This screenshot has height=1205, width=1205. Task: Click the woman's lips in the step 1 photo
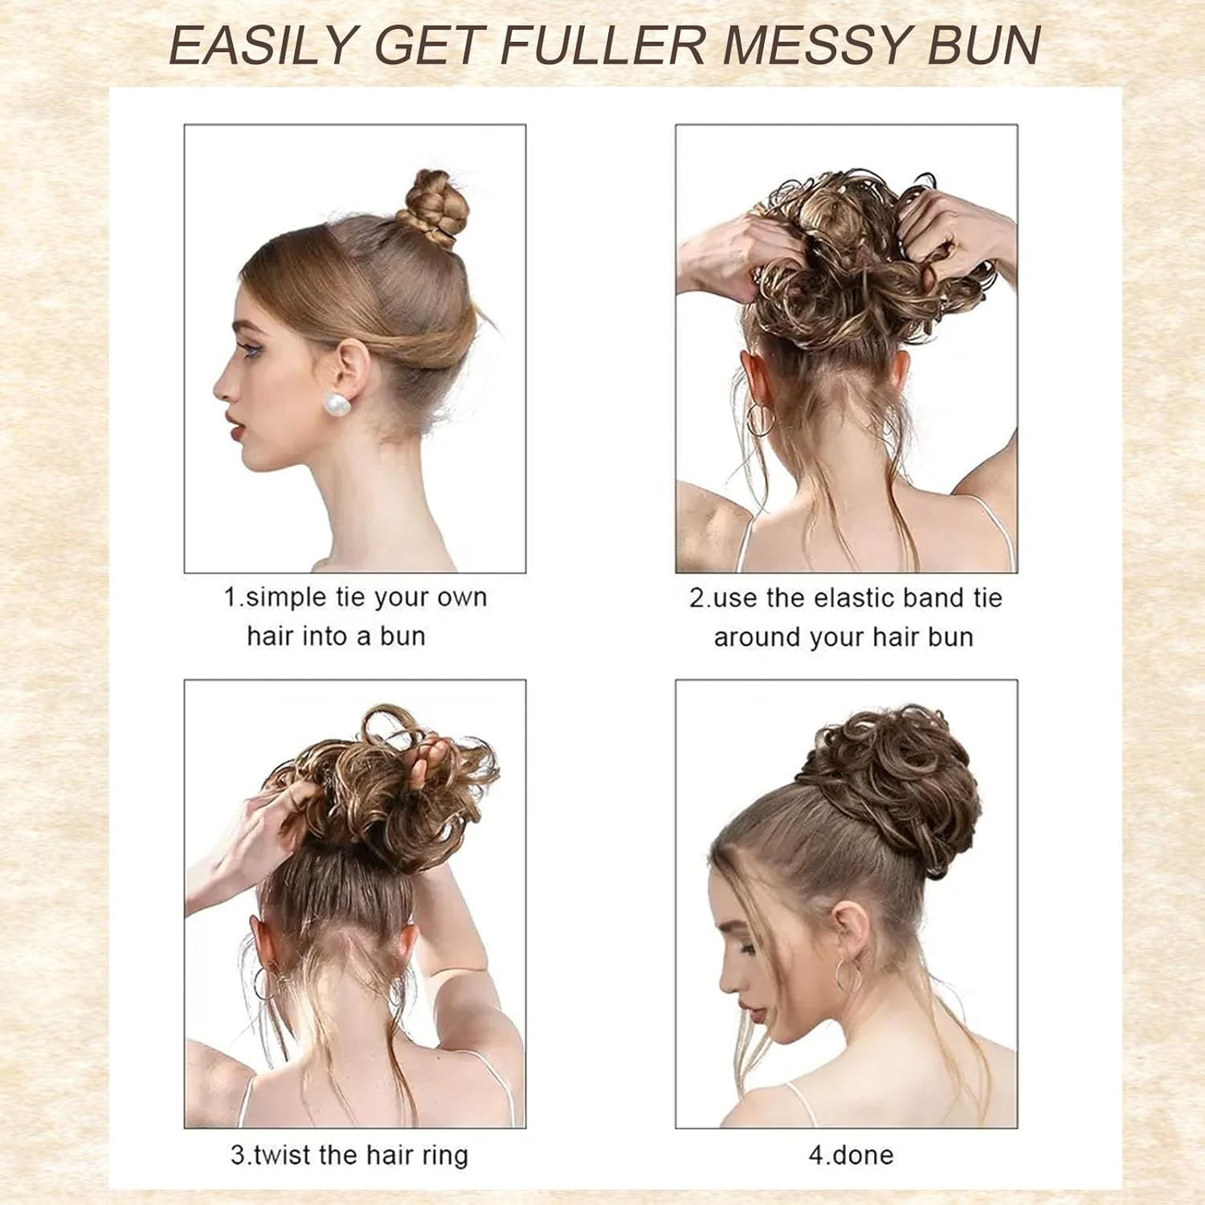tap(234, 427)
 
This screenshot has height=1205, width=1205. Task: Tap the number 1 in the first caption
tap(229, 598)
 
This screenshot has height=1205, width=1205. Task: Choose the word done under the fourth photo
tap(863, 1155)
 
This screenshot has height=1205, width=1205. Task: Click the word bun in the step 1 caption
tap(402, 636)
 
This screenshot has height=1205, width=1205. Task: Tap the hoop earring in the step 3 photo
tap(262, 983)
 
